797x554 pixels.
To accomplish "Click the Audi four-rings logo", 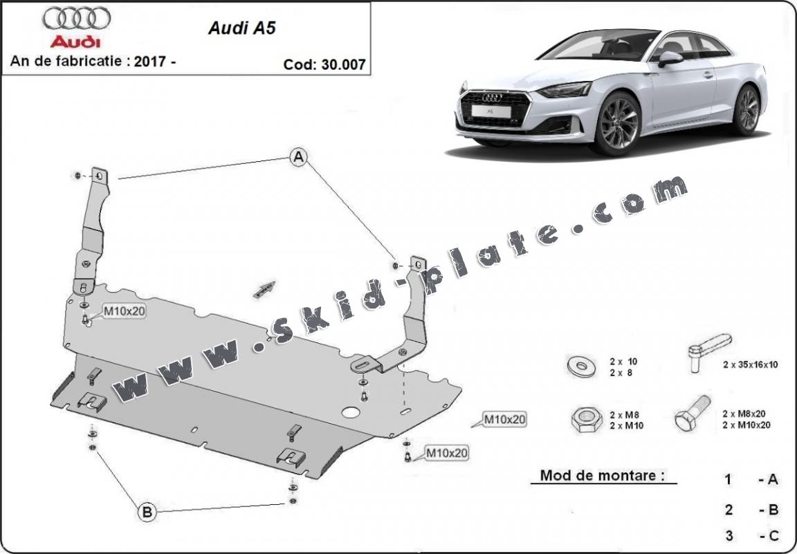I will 76,19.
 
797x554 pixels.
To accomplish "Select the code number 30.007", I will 340,64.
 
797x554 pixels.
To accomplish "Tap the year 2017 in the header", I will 149,61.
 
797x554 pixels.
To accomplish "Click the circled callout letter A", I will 298,158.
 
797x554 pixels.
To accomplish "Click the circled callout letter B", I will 147,513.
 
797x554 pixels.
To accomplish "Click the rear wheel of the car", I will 747,110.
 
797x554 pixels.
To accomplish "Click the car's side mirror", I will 670,58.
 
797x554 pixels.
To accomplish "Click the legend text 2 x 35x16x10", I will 751,364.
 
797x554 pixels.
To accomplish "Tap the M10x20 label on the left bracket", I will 125,311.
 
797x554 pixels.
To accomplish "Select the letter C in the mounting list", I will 773,535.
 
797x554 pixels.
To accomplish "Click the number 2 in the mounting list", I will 729,510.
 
